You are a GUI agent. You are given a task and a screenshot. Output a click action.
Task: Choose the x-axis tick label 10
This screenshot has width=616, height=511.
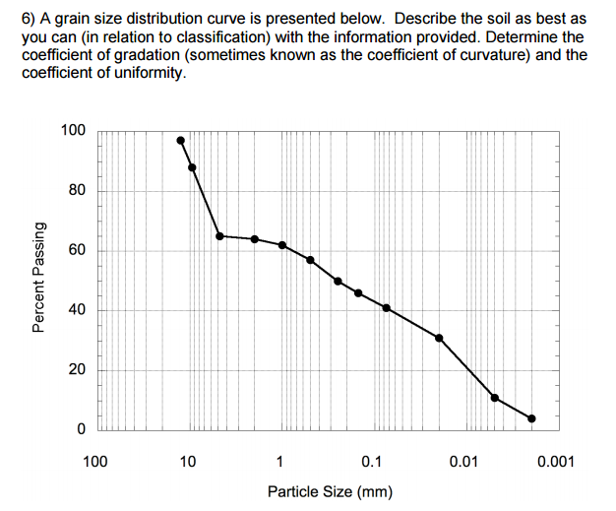point(188,461)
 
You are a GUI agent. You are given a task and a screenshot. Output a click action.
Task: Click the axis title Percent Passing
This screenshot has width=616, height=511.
point(39,280)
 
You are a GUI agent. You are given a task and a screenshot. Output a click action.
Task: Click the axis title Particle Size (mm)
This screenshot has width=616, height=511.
point(330,490)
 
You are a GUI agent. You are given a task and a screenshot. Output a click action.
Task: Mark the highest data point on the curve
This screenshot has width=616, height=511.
point(180,140)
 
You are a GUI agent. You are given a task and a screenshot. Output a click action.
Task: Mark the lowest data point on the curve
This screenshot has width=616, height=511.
point(532,418)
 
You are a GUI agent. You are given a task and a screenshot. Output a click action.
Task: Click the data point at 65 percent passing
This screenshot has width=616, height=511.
point(219,236)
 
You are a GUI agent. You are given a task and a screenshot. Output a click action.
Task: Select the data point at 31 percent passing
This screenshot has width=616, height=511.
point(439,338)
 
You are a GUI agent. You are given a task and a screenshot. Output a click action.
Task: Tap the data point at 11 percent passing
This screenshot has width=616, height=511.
point(494,398)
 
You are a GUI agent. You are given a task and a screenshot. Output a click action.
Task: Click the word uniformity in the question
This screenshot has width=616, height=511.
point(148,73)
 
